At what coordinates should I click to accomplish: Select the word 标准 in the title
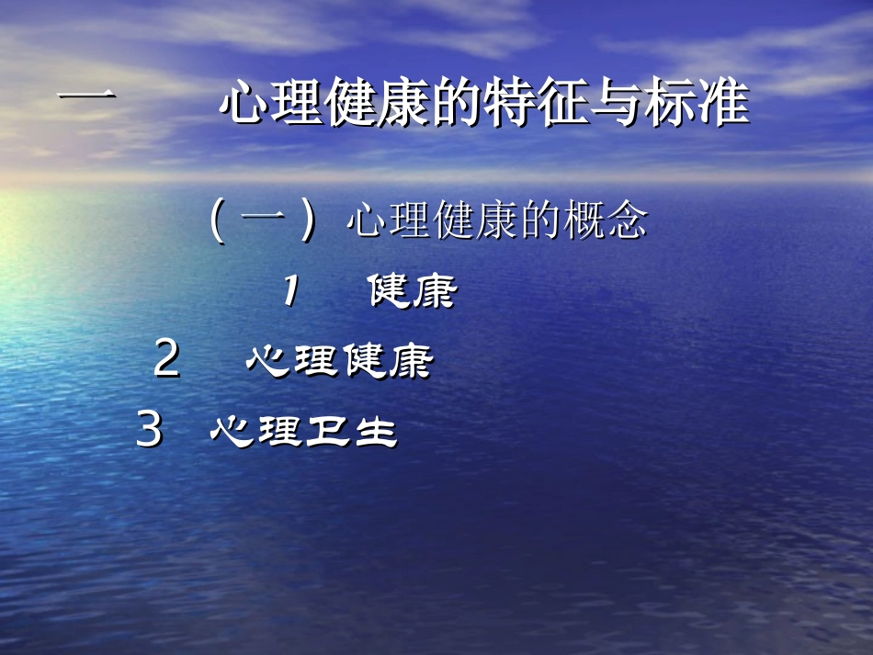[697, 104]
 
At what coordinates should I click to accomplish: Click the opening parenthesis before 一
[217, 223]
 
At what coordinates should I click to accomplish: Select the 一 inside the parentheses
[264, 221]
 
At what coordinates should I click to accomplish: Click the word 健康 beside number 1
[413, 293]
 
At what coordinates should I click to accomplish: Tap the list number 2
[166, 359]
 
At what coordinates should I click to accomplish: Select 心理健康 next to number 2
[339, 361]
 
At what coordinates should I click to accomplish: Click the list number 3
[149, 430]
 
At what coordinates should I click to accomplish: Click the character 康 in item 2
[410, 361]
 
